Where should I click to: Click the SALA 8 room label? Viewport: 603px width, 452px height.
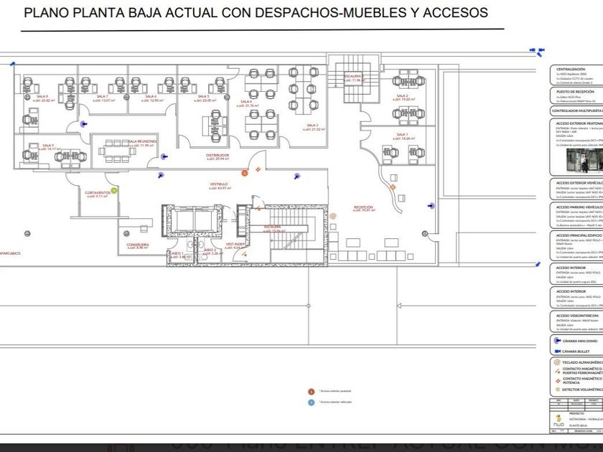[42, 97]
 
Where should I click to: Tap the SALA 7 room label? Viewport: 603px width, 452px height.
[102, 97]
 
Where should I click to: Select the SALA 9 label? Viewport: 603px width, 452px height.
[48, 146]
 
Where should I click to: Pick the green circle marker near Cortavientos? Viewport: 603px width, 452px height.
[113, 190]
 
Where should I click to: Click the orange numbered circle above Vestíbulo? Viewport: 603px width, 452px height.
[244, 172]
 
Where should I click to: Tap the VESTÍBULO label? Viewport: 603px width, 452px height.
[219, 184]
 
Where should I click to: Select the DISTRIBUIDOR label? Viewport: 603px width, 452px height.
[218, 154]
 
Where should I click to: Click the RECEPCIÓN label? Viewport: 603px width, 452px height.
[363, 207]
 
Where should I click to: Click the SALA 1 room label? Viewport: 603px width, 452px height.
[402, 134]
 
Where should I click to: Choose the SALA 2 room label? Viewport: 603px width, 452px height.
[402, 96]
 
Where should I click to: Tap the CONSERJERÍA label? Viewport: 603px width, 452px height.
[138, 245]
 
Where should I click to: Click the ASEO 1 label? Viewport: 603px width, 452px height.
[177, 253]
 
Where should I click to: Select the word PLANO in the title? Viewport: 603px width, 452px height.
[44, 13]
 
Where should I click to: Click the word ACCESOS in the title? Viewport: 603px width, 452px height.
[459, 13]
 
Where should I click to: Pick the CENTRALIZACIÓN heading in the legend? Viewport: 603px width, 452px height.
[571, 69]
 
